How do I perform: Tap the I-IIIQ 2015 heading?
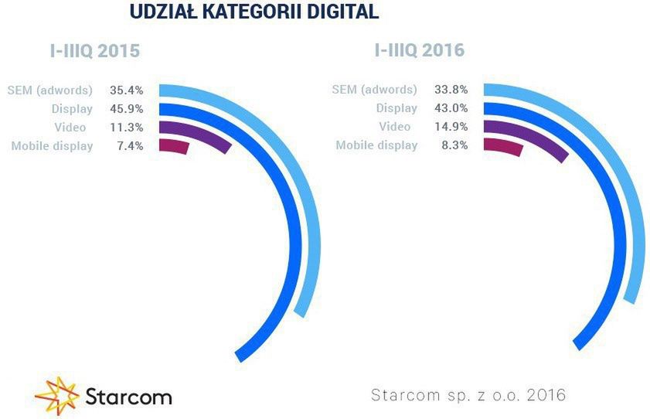pyautogui.click(x=90, y=53)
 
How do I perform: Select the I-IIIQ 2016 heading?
pyautogui.click(x=419, y=51)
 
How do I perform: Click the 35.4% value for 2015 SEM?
pyautogui.click(x=127, y=90)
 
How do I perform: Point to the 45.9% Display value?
pyautogui.click(x=127, y=108)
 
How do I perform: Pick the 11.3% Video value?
pyautogui.click(x=127, y=127)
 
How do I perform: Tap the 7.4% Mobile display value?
pyautogui.click(x=130, y=145)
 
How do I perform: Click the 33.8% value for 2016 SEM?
pyautogui.click(x=451, y=90)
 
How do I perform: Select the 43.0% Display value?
pyautogui.click(x=451, y=108)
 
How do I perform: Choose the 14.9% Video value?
pyautogui.click(x=451, y=127)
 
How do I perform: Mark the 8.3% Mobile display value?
pyautogui.click(x=454, y=145)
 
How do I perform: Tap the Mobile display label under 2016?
pyautogui.click(x=376, y=145)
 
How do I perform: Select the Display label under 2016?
pyautogui.click(x=396, y=108)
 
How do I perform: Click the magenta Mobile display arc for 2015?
pyautogui.click(x=173, y=146)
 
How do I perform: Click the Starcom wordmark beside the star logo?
pyautogui.click(x=128, y=397)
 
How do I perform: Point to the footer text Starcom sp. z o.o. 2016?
pyautogui.click(x=469, y=395)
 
